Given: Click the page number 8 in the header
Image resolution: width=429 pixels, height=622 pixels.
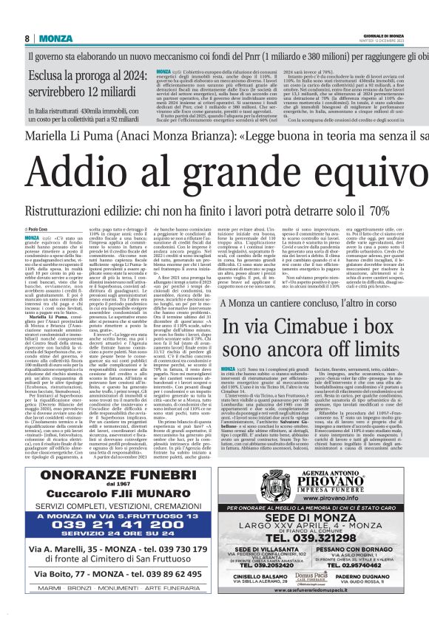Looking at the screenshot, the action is [x=27, y=38].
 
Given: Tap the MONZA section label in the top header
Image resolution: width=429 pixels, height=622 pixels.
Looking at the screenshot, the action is [x=56, y=38].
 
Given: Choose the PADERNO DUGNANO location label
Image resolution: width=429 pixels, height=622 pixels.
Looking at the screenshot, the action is [x=373, y=574].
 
